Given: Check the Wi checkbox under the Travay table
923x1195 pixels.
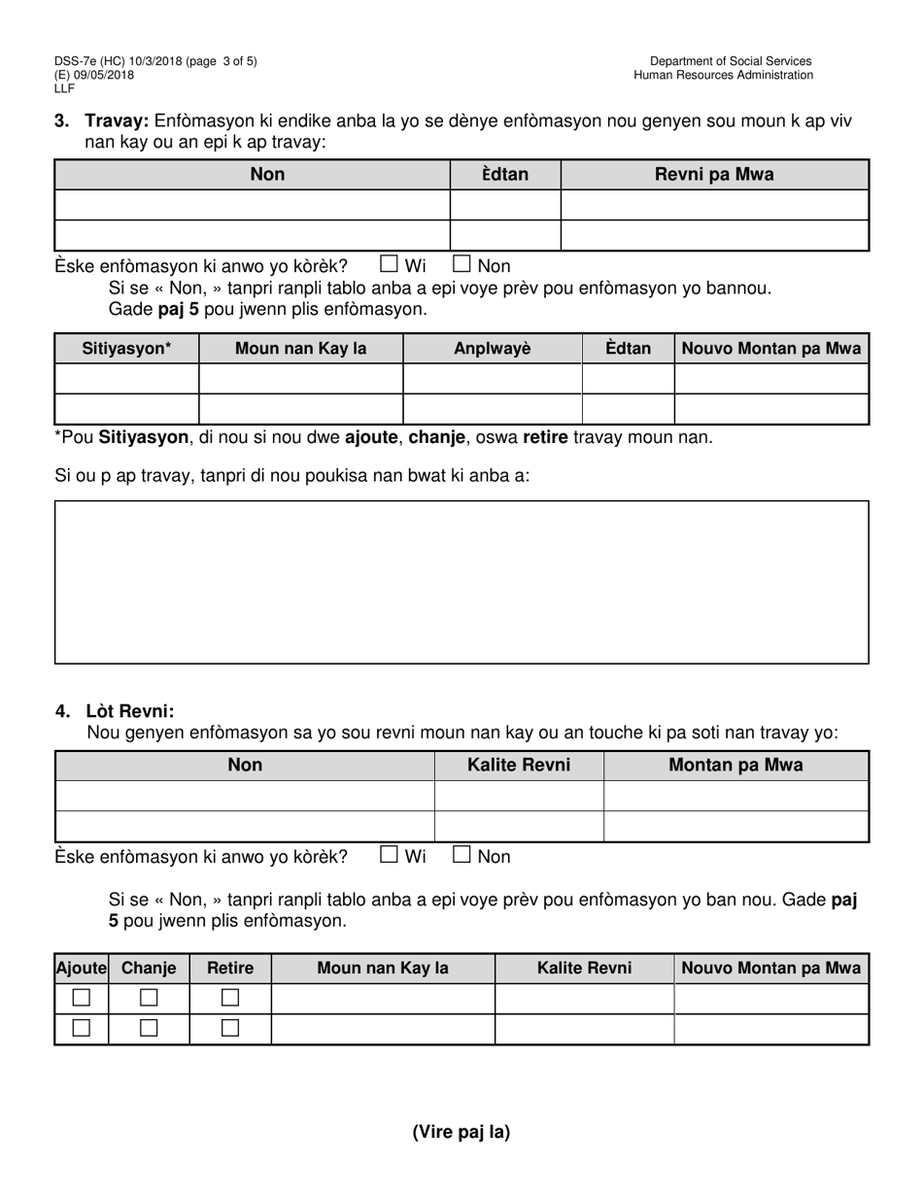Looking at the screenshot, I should point(389,262).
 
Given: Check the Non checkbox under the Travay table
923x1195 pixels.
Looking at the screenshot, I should point(462,262).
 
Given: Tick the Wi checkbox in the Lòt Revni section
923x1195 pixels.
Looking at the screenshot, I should point(389,854).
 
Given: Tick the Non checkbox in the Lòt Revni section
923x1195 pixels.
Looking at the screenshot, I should point(462,854).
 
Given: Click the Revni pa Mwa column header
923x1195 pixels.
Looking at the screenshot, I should point(714,175).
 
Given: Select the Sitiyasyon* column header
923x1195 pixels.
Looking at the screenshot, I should point(126,349).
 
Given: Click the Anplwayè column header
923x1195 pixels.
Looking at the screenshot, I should point(493,349).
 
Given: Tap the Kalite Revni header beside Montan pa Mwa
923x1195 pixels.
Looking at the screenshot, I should point(519,766).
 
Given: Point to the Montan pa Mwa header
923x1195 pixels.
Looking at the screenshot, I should point(735,766).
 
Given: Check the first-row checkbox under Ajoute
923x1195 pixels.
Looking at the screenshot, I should point(82,998).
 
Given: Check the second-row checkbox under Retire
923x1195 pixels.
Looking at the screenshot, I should point(230,1028).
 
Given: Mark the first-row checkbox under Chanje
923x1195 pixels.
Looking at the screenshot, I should point(149,998).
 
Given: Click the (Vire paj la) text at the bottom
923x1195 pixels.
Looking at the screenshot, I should point(461,1131).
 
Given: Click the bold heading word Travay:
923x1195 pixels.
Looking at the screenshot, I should point(117,120).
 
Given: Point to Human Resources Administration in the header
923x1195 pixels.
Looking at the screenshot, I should point(723,75).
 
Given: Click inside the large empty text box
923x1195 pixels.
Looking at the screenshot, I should point(461,581).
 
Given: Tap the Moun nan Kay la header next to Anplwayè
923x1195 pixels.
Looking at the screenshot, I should point(301,349).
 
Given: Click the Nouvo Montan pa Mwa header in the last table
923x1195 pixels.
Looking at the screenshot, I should point(771,968).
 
